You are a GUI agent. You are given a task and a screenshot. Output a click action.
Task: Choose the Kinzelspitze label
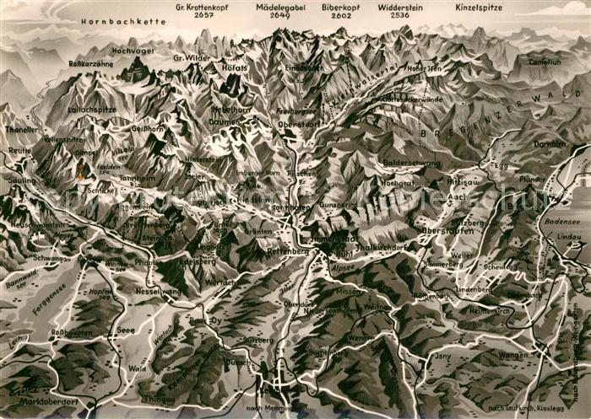(x=479, y=7)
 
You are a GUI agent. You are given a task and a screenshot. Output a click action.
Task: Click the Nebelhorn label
(x=228, y=109)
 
